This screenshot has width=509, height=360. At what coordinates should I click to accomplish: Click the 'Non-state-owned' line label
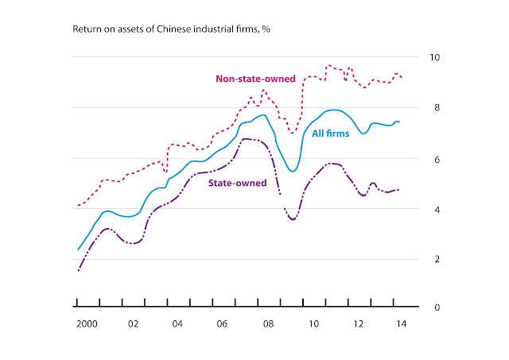point(255,79)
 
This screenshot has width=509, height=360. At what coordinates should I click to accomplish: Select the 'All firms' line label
point(331,134)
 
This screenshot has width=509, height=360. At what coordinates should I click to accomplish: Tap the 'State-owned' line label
point(237,183)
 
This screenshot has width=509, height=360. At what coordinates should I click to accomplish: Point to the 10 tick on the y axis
point(435,57)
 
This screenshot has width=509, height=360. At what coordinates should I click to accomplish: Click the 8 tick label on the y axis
point(437,107)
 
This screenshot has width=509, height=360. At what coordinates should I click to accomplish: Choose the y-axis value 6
point(437,159)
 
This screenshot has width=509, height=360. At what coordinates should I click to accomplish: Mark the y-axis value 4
point(437,210)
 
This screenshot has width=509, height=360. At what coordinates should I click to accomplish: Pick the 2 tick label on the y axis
point(437,259)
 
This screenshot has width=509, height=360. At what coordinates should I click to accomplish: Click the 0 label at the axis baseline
point(437,307)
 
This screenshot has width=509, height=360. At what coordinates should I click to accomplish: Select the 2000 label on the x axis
point(87,324)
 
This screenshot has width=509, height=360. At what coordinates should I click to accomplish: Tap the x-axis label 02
point(133,324)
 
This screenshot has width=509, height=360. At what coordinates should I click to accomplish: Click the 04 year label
point(177,324)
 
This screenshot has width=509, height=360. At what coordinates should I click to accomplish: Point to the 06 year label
point(222,324)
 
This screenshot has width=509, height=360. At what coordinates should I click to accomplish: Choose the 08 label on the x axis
point(269,324)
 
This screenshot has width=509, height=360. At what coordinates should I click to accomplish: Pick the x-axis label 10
point(313,324)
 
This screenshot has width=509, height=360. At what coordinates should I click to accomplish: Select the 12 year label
point(359,324)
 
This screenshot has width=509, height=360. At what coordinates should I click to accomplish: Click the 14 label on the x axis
point(401,324)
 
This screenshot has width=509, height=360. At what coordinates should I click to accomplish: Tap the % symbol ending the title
point(266,29)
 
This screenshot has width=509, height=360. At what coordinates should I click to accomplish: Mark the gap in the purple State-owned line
point(282,201)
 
